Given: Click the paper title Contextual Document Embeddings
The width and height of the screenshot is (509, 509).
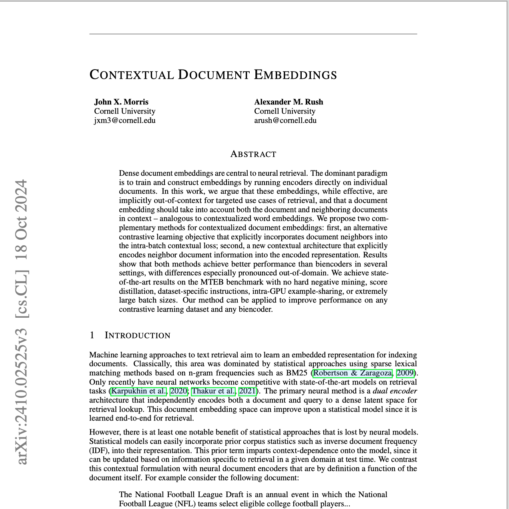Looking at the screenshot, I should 213,75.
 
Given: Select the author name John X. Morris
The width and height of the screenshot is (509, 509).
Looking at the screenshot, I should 121,102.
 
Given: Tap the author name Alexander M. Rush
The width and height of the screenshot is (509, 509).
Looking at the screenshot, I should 289,102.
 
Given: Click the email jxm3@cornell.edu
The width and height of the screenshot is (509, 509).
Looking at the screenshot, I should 125,120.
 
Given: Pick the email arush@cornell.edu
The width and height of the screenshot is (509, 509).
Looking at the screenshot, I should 285,120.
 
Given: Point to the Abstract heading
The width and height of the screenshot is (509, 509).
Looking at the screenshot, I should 253,154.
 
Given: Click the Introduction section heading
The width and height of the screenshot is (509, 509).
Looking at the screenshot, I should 137,335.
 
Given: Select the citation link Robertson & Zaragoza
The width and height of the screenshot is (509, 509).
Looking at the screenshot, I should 353,373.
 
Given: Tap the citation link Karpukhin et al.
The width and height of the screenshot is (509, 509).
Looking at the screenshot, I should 139,391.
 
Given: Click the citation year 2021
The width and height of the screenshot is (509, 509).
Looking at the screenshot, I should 247,391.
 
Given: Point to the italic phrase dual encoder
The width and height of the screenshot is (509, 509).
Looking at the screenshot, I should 395,391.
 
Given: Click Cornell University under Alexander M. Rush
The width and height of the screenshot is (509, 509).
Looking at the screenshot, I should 285,111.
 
